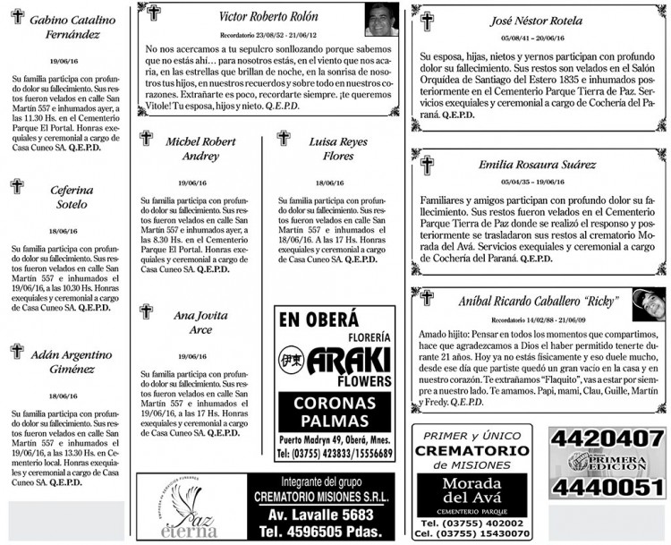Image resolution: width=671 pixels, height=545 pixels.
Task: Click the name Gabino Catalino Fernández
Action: coord(72,27)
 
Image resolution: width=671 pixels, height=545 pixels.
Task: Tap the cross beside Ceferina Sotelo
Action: coord(16,186)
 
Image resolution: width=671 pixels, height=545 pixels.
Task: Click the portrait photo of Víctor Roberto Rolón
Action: coord(381,19)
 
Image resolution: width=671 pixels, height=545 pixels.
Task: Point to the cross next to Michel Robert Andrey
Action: coord(147,139)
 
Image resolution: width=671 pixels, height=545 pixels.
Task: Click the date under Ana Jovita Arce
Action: coord(192,356)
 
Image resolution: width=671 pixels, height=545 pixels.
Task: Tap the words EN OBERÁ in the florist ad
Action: coord(319,319)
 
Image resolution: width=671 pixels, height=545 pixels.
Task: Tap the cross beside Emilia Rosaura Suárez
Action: coord(427,165)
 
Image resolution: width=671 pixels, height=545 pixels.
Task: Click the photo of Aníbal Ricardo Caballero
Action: coord(648,304)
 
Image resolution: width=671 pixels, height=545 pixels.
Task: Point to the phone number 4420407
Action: coord(607,439)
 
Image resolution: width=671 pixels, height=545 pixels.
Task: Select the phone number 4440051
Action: coord(607,486)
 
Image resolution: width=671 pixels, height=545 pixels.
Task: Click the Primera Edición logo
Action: coord(607,462)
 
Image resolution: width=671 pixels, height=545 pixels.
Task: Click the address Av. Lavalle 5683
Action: coord(320,515)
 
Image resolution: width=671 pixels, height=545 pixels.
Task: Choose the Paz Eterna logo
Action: coord(191,508)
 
